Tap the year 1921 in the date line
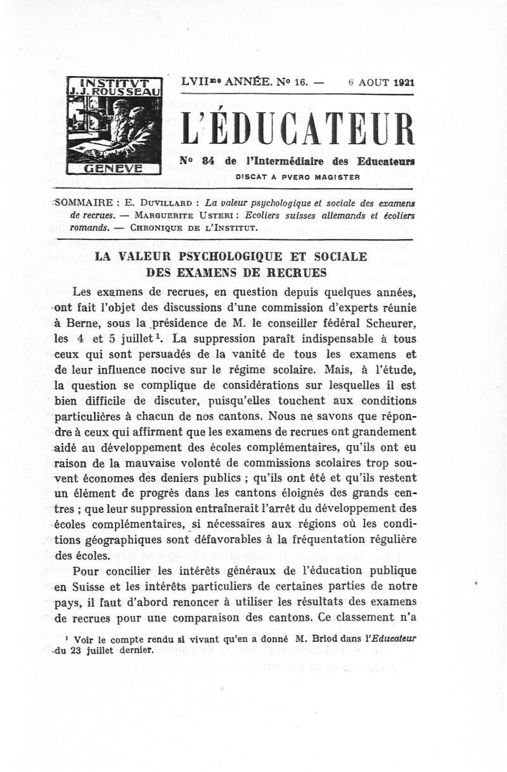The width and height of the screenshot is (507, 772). [x=403, y=82]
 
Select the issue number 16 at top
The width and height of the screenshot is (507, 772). [x=300, y=82]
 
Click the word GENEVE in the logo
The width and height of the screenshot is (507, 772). [x=115, y=168]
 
